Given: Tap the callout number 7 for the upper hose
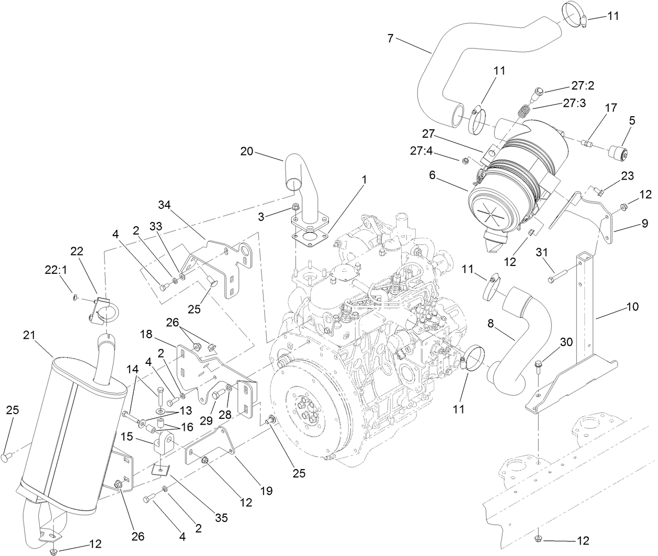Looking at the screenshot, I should coord(390,38).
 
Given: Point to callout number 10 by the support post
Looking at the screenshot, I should coord(632,307).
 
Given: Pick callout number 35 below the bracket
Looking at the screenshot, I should coord(221,518).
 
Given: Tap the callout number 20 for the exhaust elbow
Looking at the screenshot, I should coord(247,151).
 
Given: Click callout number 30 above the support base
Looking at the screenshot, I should coord(566,342).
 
